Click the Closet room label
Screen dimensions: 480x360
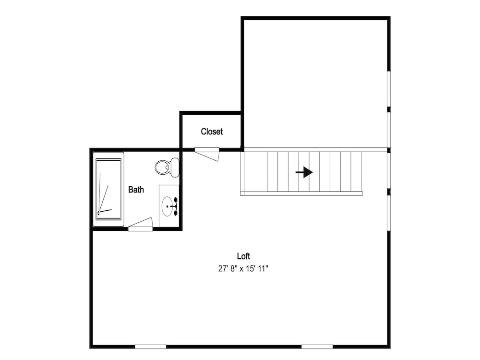(x=212, y=132)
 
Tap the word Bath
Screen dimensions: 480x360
(x=136, y=190)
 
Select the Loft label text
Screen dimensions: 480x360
(x=243, y=256)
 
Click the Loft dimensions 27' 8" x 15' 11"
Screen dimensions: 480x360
(x=243, y=269)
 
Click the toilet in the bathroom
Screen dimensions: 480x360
(x=167, y=167)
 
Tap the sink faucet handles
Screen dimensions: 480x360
(x=175, y=206)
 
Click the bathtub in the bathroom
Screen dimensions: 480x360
(x=108, y=189)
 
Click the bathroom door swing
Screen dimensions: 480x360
(x=141, y=224)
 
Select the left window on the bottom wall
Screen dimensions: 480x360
(x=151, y=347)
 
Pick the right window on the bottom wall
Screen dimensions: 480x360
(x=317, y=347)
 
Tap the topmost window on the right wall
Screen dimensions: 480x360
(x=389, y=89)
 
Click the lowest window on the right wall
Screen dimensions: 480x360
(x=389, y=213)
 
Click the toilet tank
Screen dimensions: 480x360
(x=175, y=167)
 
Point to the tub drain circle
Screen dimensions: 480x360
(x=98, y=213)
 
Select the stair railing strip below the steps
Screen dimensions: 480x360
(x=301, y=193)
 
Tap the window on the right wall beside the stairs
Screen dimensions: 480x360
(x=389, y=170)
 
